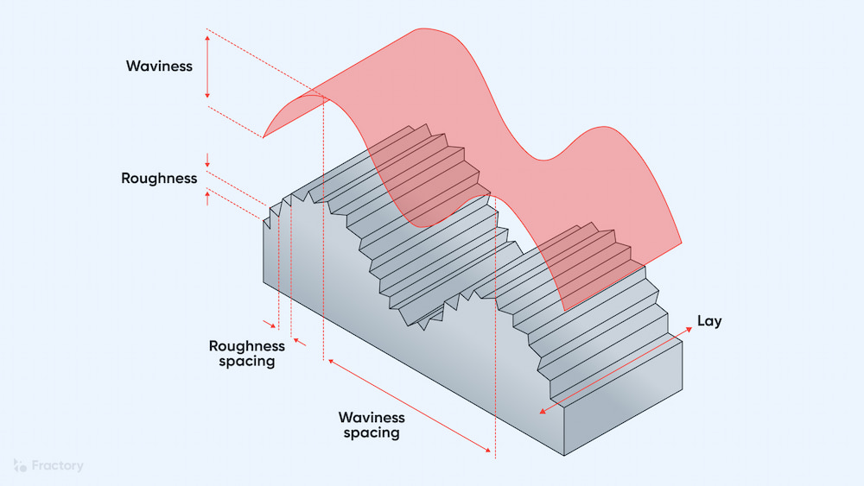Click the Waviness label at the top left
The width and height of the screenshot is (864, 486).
159,66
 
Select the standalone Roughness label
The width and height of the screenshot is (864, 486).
159,179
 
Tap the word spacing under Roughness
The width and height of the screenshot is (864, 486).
245,362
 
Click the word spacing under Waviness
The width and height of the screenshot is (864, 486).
372,432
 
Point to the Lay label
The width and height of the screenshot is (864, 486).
709,321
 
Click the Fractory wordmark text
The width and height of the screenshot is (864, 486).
57,466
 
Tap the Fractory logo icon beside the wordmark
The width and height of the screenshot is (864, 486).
20,466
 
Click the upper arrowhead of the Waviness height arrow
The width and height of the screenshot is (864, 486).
207,37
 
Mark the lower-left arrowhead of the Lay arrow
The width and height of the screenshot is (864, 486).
543,412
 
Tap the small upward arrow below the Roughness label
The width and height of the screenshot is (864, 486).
207,194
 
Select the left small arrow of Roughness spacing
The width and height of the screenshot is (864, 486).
274,325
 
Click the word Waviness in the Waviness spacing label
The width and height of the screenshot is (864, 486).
372,417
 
